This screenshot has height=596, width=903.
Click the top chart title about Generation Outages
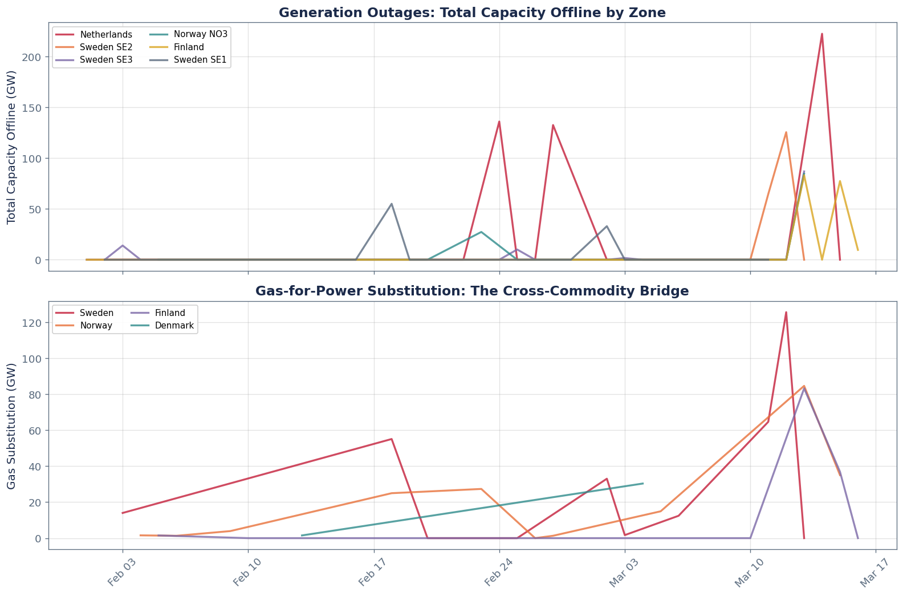pyautogui.click(x=472, y=13)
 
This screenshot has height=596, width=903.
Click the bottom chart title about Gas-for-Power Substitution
pyautogui.click(x=472, y=291)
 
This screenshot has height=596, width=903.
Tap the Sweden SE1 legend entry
pyautogui.click(x=204, y=60)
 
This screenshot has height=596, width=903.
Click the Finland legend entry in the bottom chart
pyautogui.click(x=169, y=313)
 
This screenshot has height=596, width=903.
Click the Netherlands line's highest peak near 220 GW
pyautogui.click(x=821, y=34)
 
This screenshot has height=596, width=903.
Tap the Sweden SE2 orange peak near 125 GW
pyautogui.click(x=786, y=132)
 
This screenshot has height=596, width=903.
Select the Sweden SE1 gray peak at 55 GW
pyautogui.click(x=391, y=204)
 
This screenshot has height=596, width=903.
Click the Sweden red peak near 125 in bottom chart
pyautogui.click(x=786, y=313)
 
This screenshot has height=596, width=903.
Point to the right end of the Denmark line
pyautogui.click(x=643, y=483)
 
